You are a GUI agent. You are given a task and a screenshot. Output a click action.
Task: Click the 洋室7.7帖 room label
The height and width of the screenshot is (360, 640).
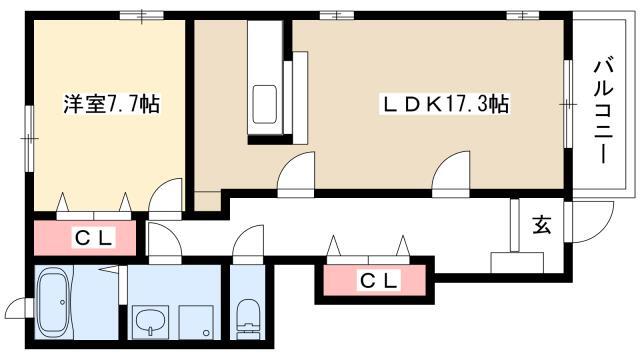(x=111, y=104)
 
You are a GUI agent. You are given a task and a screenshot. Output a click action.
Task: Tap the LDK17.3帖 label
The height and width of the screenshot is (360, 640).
(x=444, y=104)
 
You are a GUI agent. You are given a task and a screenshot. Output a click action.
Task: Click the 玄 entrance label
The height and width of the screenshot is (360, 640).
(x=542, y=225)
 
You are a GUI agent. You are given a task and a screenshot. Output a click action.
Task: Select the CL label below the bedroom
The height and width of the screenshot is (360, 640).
(x=93, y=238)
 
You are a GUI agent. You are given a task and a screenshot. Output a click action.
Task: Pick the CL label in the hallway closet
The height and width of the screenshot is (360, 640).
(x=378, y=280)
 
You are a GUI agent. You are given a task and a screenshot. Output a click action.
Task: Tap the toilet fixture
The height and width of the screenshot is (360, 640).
(x=248, y=319)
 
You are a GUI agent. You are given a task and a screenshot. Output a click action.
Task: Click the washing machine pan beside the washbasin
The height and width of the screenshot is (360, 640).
(x=196, y=322)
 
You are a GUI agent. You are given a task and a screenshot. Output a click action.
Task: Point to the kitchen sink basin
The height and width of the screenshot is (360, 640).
(x=264, y=104)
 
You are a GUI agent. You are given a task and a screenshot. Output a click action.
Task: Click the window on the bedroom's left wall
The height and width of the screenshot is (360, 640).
(x=29, y=138)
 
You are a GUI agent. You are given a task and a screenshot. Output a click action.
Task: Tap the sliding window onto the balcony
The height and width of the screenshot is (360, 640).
(x=568, y=104)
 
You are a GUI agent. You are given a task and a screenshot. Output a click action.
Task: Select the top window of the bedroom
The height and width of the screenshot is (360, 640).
(x=142, y=16)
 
